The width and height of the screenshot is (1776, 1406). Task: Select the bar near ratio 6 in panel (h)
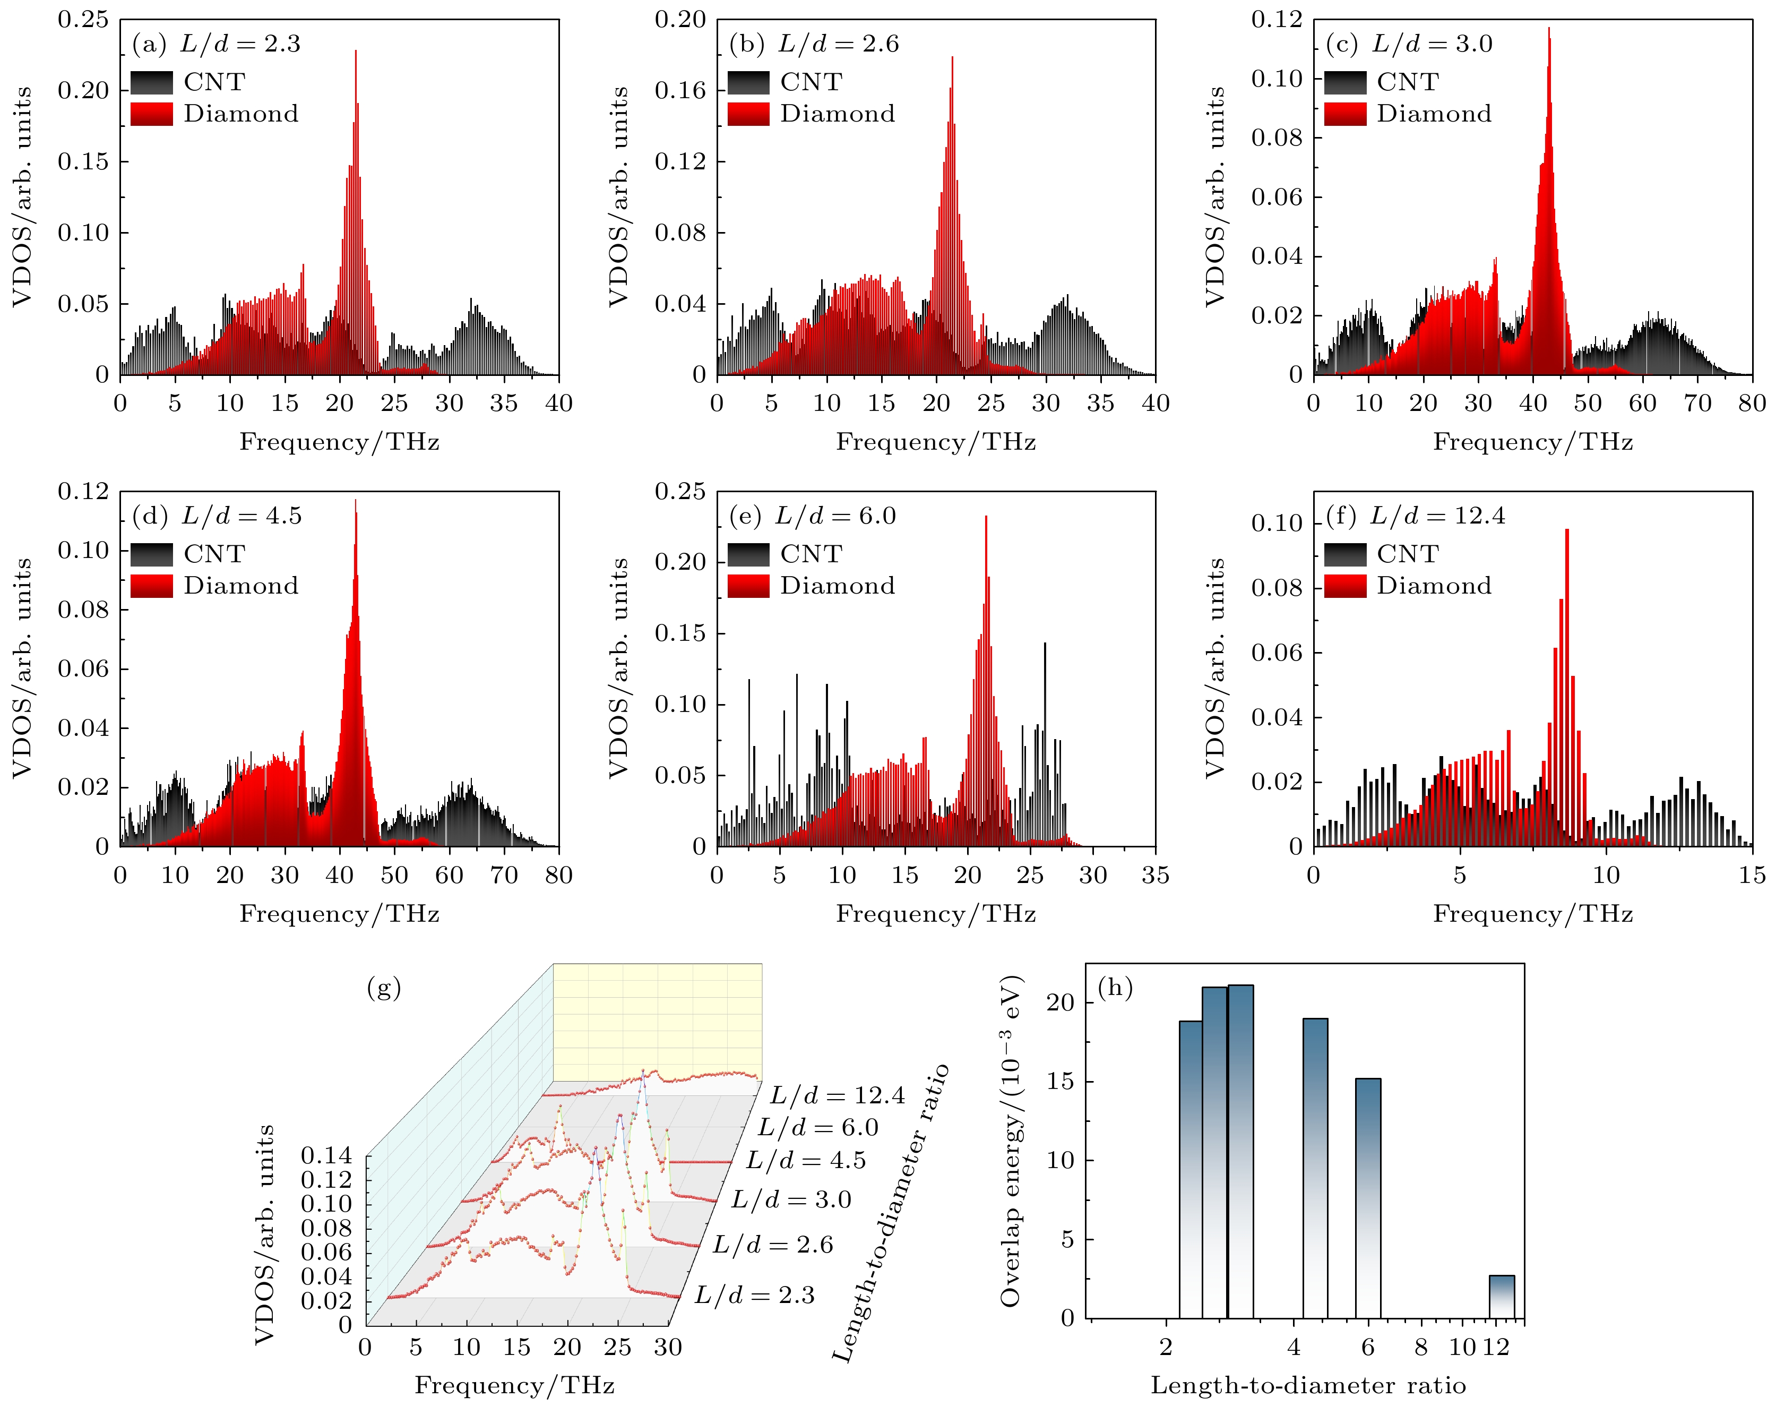1368,1198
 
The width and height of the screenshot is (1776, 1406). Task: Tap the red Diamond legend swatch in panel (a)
151,114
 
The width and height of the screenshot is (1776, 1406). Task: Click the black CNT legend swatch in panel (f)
1345,554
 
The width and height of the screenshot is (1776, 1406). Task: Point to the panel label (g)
384,987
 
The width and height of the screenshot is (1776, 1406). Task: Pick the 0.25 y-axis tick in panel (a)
83,20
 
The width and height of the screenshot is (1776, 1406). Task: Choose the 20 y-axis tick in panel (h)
1061,1002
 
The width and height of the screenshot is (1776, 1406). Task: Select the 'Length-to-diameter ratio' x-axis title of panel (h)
1308,1385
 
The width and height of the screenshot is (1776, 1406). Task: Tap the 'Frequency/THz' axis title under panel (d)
339,914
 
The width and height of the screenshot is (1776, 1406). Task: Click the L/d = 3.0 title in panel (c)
1432,44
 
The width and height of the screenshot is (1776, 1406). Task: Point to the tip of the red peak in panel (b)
952,58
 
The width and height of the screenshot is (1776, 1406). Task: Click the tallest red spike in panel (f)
1567,531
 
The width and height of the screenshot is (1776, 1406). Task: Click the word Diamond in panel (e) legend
837,585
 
